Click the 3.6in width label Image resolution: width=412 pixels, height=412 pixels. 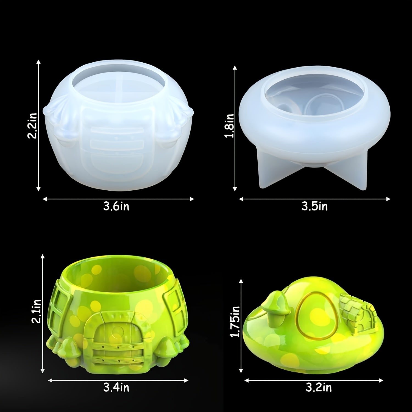point(116,206)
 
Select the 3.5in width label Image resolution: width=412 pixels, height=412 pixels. point(314,206)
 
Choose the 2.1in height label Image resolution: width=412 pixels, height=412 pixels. point(37,312)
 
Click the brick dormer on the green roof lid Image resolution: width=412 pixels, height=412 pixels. point(356,316)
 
